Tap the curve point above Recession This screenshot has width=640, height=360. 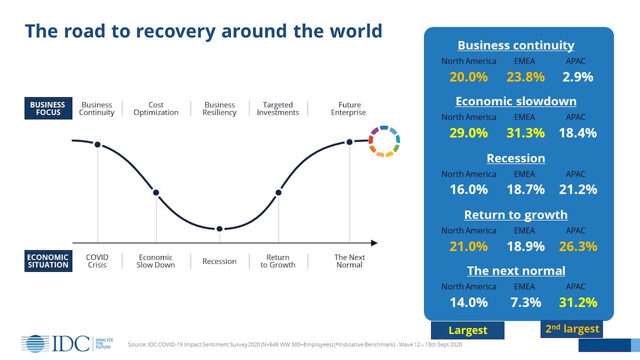tap(220, 229)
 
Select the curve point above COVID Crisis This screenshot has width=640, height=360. tap(97, 144)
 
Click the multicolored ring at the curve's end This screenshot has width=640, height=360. tap(384, 142)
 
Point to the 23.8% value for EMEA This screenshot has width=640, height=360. tap(525, 77)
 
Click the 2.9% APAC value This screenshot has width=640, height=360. tap(578, 77)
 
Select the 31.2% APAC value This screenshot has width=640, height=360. tap(578, 302)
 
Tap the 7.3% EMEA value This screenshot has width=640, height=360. tap(525, 302)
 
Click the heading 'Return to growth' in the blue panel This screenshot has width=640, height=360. tap(516, 215)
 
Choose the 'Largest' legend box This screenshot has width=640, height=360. tap(468, 330)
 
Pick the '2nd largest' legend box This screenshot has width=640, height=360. tap(572, 329)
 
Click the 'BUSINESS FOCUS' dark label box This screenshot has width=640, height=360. tap(48, 109)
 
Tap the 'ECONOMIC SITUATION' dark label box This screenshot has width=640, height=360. tap(48, 261)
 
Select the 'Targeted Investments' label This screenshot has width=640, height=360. tap(278, 109)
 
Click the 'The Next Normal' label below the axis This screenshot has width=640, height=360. tap(349, 261)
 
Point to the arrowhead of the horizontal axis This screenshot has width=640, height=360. tap(374, 243)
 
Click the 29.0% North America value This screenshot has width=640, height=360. tap(468, 133)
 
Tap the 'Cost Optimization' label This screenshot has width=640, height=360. tap(156, 109)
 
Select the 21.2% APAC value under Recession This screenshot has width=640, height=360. tap(578, 190)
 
